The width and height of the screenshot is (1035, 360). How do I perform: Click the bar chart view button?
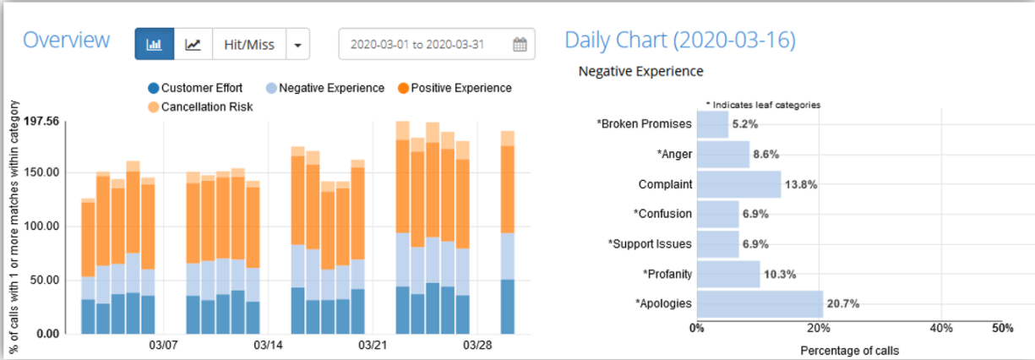(x=155, y=44)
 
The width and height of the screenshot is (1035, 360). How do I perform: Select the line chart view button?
(x=193, y=44)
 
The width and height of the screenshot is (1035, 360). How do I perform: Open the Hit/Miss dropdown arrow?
(x=297, y=44)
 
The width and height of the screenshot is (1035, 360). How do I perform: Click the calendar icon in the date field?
(x=520, y=44)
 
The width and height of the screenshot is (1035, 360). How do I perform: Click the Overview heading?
(x=67, y=40)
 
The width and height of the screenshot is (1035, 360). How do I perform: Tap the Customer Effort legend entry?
(x=195, y=88)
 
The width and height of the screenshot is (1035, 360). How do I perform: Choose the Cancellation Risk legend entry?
(x=200, y=106)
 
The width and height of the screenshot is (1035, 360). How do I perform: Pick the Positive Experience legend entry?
(x=455, y=88)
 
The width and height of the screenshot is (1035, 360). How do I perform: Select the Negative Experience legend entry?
(x=325, y=88)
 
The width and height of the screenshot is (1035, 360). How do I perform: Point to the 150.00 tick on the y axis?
(x=41, y=172)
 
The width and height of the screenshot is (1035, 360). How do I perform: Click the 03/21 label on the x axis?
(x=373, y=345)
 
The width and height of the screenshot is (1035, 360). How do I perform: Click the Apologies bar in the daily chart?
(x=760, y=304)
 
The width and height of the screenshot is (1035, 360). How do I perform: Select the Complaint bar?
(x=739, y=184)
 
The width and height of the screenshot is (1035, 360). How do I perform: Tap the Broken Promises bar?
(x=713, y=124)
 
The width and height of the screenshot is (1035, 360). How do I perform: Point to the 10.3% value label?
(x=780, y=275)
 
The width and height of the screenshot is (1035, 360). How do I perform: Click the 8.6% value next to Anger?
(x=766, y=155)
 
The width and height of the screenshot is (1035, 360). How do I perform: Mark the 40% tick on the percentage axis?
(x=941, y=328)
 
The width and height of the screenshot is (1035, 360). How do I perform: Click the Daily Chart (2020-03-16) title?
(x=680, y=41)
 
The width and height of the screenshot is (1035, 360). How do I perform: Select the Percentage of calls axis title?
(x=850, y=351)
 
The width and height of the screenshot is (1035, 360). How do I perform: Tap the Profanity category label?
(x=667, y=275)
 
